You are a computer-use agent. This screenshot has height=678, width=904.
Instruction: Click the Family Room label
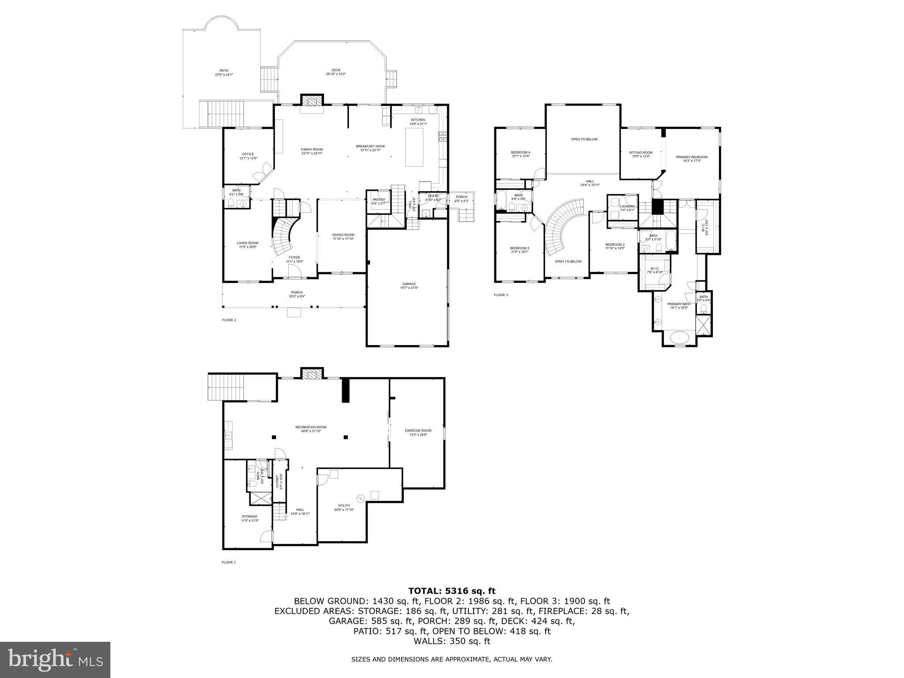[x=312, y=151]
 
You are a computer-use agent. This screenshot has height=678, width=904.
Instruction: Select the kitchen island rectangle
[x=414, y=147]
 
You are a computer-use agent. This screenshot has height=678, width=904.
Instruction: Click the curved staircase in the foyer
[x=282, y=238]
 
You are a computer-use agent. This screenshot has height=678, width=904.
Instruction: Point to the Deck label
[x=336, y=72]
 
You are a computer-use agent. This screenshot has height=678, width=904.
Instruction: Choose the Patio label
[x=224, y=72]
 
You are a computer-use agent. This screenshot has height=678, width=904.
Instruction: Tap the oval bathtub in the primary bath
[x=679, y=338]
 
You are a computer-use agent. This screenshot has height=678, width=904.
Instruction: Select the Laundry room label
[x=627, y=208]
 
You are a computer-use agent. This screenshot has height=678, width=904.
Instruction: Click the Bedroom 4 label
[x=520, y=154]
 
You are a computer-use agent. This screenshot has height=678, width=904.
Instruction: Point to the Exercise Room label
[x=418, y=432]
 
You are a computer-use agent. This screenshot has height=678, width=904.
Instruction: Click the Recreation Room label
[x=311, y=429]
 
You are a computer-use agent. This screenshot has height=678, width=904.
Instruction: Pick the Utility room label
[x=344, y=507]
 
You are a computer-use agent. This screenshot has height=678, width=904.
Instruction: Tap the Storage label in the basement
[x=249, y=518]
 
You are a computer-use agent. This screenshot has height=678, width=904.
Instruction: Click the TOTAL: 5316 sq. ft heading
[x=452, y=591]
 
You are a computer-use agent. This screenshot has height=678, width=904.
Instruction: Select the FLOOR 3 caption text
[x=501, y=295]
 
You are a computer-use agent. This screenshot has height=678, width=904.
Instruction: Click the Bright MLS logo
[x=55, y=660]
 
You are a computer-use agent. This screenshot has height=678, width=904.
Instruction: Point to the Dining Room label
[x=343, y=237]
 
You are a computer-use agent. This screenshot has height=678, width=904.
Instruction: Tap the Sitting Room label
[x=640, y=154]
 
